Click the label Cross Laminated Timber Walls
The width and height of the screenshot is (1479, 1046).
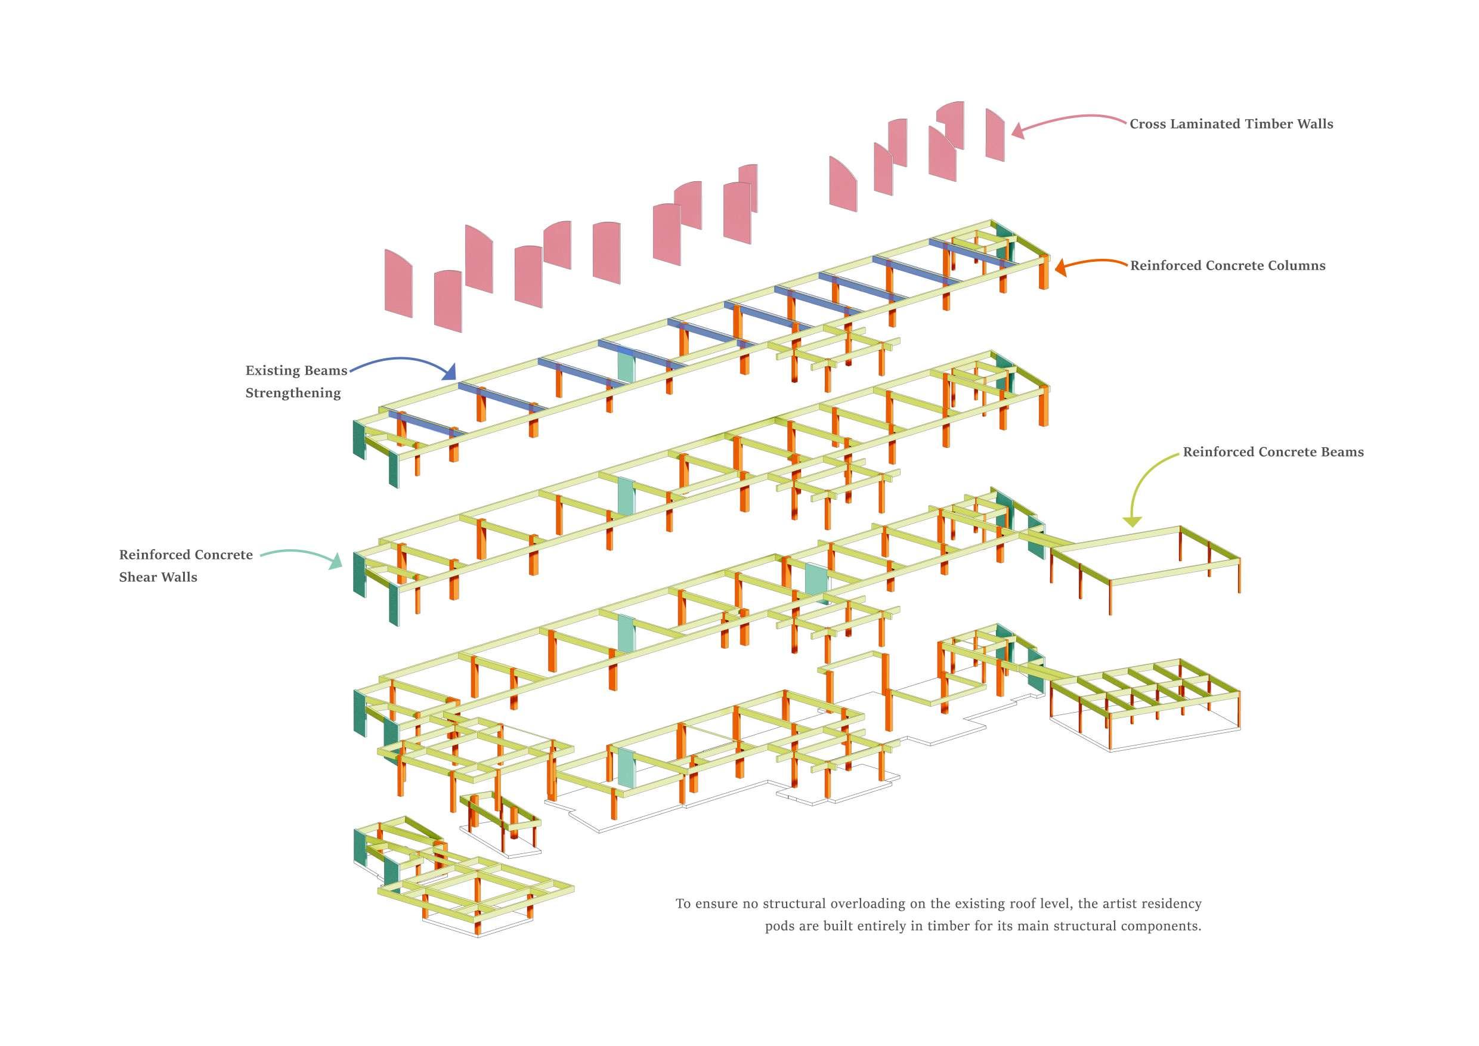click(x=1231, y=124)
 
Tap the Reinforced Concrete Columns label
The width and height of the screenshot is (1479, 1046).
click(x=1227, y=266)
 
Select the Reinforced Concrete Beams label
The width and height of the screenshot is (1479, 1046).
click(x=1273, y=452)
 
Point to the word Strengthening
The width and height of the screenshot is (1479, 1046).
click(x=293, y=393)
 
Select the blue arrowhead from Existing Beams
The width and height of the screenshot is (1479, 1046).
click(x=450, y=372)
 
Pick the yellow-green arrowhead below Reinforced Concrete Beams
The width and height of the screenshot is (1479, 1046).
click(x=1132, y=521)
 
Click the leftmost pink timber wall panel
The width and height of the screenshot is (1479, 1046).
click(x=398, y=283)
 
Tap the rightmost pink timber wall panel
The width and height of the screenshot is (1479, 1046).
click(x=995, y=135)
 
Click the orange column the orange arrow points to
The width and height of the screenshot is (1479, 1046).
click(x=1044, y=273)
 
